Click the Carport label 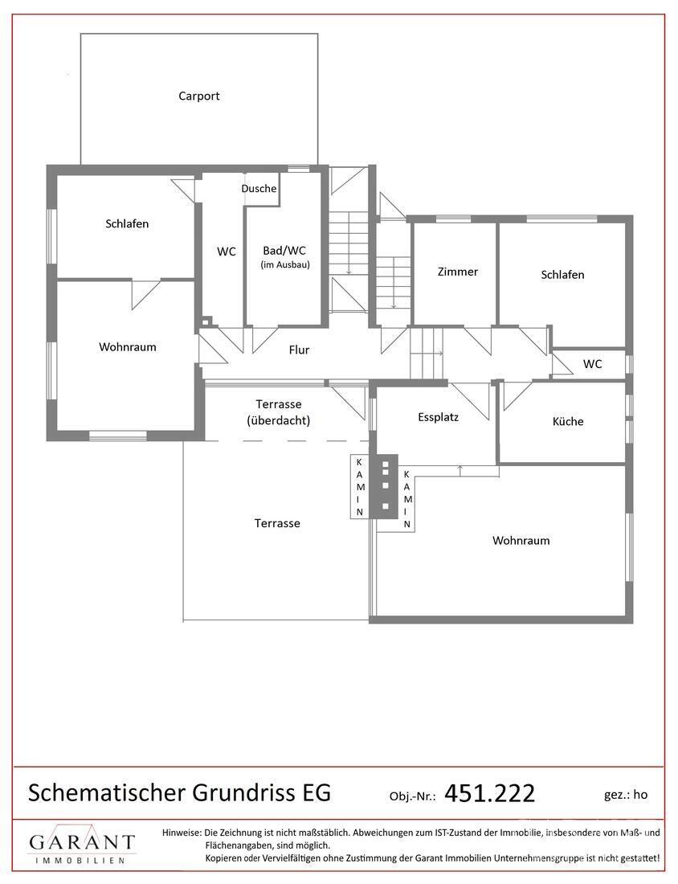pyautogui.click(x=199, y=96)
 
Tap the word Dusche pyautogui.click(x=259, y=189)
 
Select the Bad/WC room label pyautogui.click(x=285, y=251)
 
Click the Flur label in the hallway pyautogui.click(x=299, y=350)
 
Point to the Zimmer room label pyautogui.click(x=458, y=272)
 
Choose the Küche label pyautogui.click(x=568, y=421)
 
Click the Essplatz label pyautogui.click(x=439, y=417)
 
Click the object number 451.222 pyautogui.click(x=489, y=793)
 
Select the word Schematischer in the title pyautogui.click(x=107, y=792)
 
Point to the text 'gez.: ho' pyautogui.click(x=626, y=794)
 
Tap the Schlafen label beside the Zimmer pyautogui.click(x=562, y=274)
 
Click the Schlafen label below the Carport pyautogui.click(x=127, y=223)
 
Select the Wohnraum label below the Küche pyautogui.click(x=521, y=540)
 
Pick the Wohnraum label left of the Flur pyautogui.click(x=128, y=347)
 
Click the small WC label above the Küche pyautogui.click(x=593, y=363)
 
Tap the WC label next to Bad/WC pyautogui.click(x=227, y=252)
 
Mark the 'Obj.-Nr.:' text pyautogui.click(x=412, y=796)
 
